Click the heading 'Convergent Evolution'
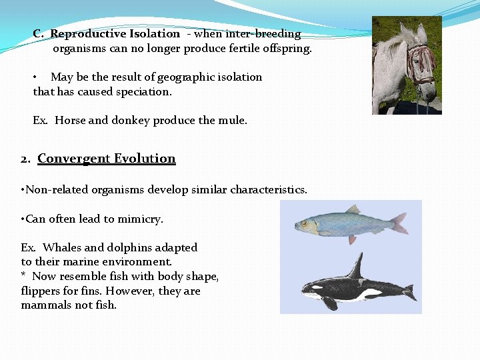[x=107, y=159]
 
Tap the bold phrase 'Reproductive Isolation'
[x=115, y=34]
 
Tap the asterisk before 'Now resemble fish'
[x=23, y=275]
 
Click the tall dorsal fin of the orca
[x=357, y=266]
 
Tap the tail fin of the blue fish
[x=399, y=223]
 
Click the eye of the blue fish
[x=305, y=223]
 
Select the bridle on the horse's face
[x=420, y=63]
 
